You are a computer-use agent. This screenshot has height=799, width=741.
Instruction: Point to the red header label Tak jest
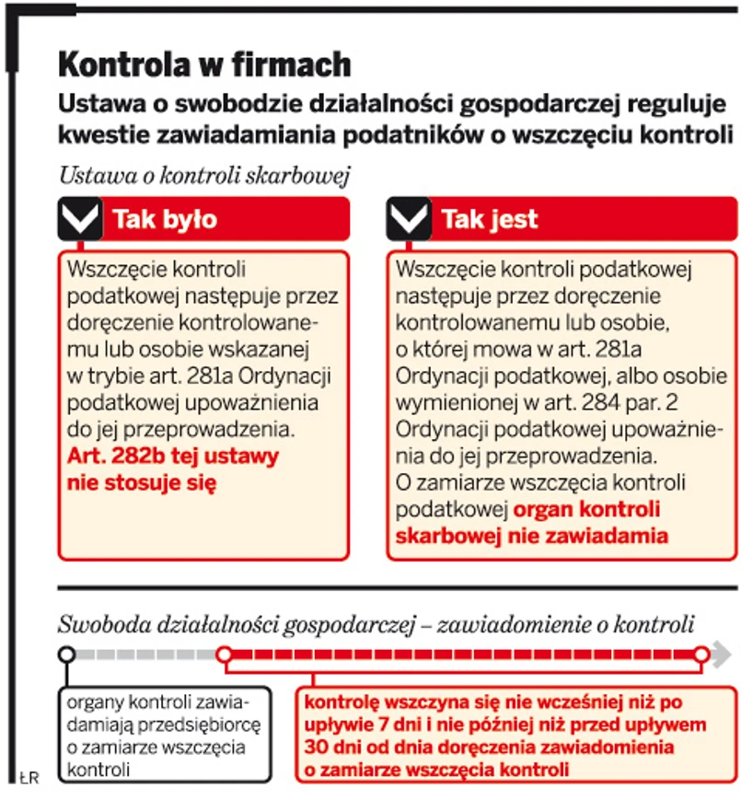point(490,219)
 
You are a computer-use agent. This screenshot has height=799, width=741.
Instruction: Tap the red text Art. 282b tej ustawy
point(173,455)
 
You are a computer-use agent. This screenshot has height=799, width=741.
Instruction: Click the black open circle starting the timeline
point(67,654)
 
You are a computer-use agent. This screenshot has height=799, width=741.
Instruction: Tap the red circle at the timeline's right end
point(701,654)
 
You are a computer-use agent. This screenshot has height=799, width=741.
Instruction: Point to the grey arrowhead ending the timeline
point(724,654)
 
